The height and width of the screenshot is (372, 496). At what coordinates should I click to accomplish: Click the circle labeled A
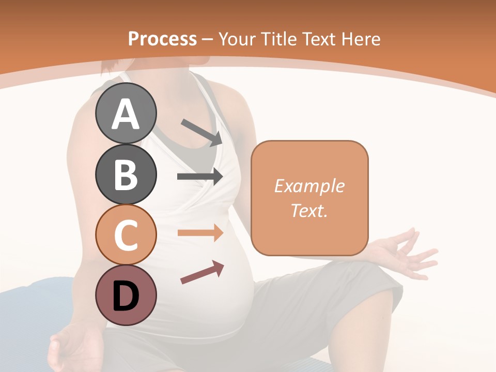(126, 113)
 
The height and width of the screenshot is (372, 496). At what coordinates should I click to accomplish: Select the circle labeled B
(126, 174)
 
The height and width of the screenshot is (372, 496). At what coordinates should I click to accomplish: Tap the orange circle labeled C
(126, 235)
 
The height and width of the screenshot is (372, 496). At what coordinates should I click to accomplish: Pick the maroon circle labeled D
(126, 296)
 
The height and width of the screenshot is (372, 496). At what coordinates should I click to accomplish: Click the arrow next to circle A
(202, 132)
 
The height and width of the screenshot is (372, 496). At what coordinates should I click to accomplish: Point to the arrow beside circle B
(200, 177)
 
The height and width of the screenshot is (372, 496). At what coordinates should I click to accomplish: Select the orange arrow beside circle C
(200, 233)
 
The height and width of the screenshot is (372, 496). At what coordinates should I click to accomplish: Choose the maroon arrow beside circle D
(202, 272)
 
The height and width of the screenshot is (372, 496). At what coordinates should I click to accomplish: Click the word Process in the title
(162, 39)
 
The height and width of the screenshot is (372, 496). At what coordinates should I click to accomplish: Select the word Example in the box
(309, 186)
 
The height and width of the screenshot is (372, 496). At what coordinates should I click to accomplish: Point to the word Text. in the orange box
(309, 210)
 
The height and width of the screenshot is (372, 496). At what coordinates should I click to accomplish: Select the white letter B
(126, 175)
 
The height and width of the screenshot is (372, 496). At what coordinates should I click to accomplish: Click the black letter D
(126, 296)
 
